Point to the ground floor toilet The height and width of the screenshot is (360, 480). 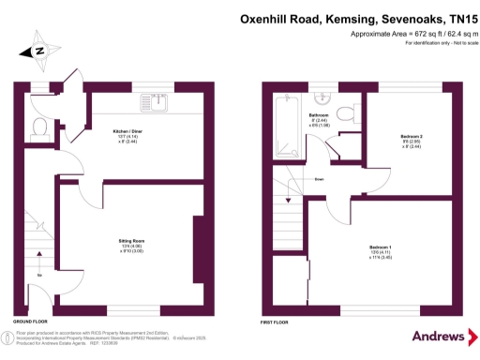point(39,126)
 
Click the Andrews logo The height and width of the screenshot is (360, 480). point(438,335)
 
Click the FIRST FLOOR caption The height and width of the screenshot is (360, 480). point(274,321)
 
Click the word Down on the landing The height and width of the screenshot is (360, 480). point(320,179)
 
